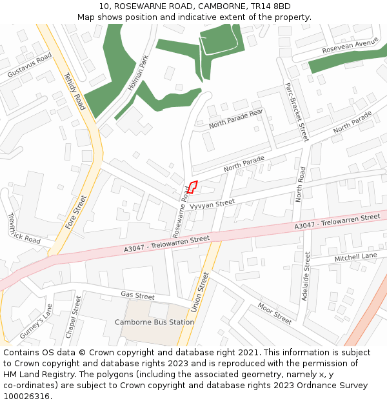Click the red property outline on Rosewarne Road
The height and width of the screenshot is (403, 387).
tap(192, 187)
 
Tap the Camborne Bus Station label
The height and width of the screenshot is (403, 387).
tap(154, 322)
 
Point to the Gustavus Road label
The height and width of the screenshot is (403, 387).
tap(30, 66)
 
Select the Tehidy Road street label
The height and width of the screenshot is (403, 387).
tap(74, 91)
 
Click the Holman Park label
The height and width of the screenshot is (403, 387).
tap(139, 72)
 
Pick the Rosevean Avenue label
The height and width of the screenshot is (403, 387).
tap(350, 46)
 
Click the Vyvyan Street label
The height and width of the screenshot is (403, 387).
tap(217, 204)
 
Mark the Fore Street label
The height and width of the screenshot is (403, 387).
tap(75, 212)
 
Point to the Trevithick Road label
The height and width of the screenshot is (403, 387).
tap(23, 229)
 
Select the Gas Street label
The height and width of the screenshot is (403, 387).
tap(137, 295)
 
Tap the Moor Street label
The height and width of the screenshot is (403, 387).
tap(275, 313)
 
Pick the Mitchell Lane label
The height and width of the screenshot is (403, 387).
tap(355, 257)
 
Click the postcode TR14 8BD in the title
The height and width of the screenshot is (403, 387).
tap(271, 6)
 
